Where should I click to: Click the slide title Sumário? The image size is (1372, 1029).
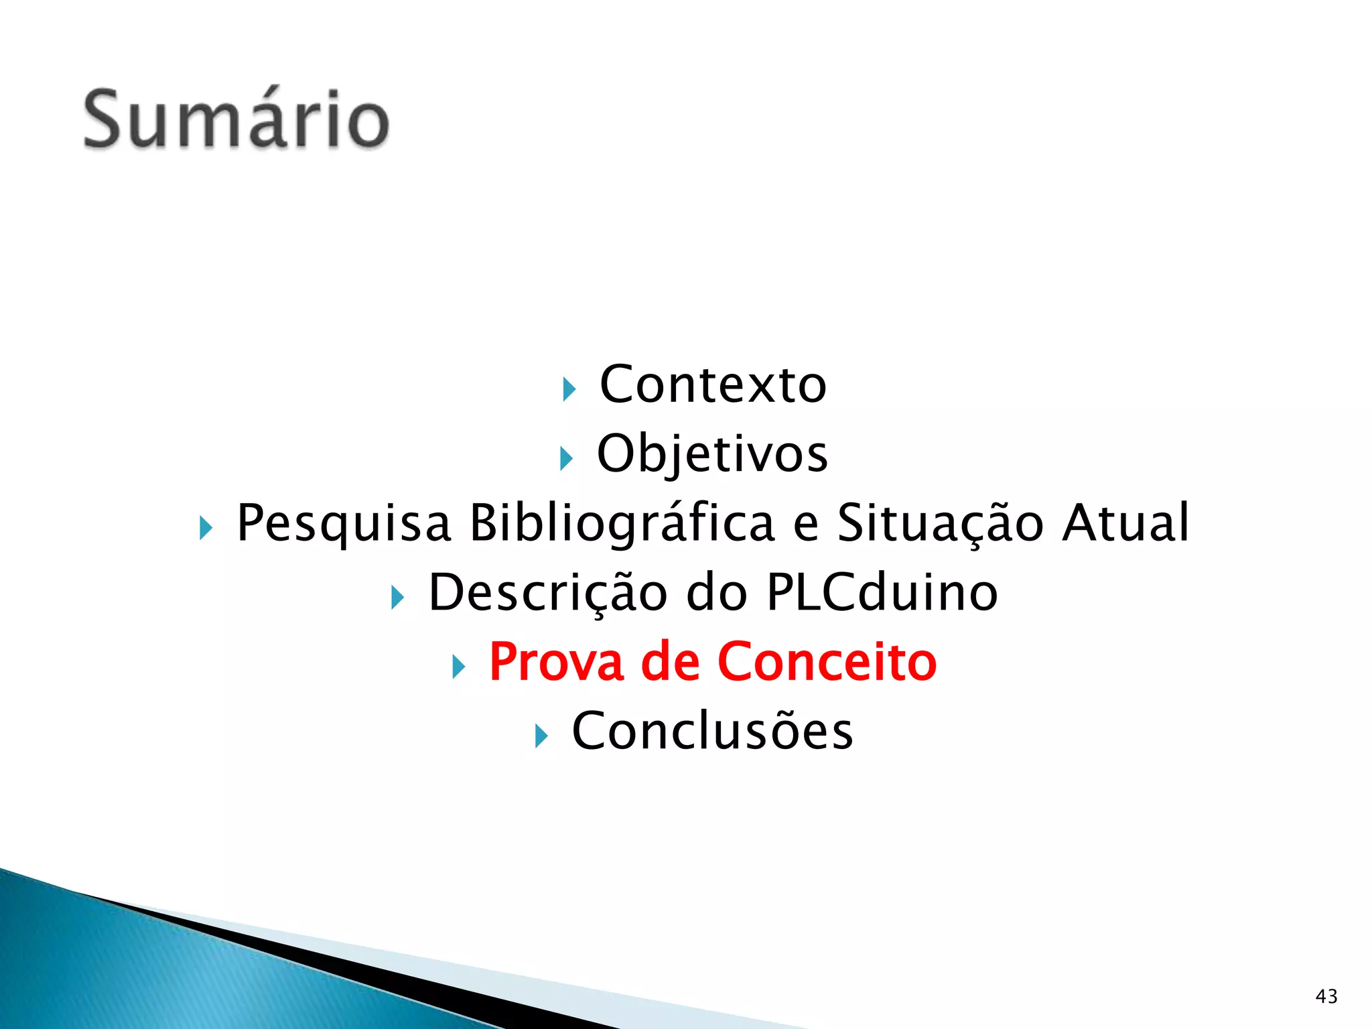[x=236, y=119]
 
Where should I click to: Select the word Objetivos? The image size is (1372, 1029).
[x=712, y=454]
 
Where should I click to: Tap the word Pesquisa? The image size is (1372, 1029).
[x=344, y=523]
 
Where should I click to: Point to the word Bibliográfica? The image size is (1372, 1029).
[x=622, y=523]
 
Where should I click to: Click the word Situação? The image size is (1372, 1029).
[x=940, y=523]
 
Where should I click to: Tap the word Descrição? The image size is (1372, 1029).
[x=548, y=593]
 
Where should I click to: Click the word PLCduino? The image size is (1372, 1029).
[x=882, y=592]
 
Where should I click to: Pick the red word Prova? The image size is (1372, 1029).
[x=557, y=662]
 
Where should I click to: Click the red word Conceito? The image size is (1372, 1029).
[x=827, y=662]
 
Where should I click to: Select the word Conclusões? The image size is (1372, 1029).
[x=712, y=731]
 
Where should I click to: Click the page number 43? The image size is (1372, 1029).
[x=1326, y=996]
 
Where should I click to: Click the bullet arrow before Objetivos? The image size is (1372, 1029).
[x=566, y=459]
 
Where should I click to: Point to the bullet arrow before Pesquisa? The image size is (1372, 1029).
[x=206, y=529]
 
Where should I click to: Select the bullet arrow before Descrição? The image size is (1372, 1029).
[x=397, y=598]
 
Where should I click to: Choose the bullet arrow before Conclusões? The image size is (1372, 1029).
[x=541, y=736]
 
